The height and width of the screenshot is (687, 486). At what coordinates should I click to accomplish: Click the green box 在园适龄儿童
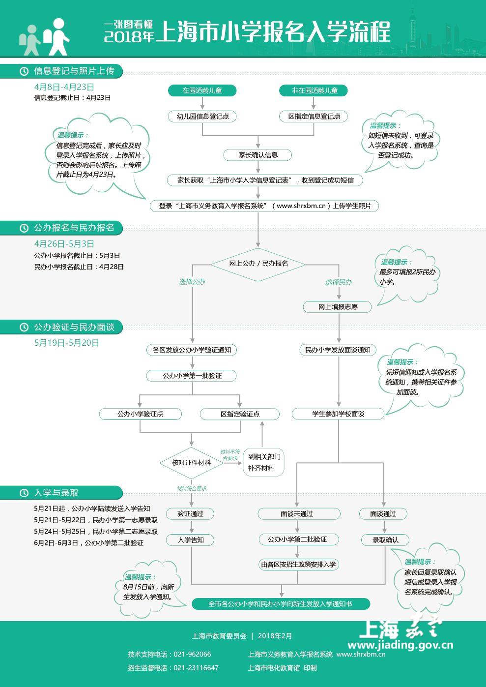click(x=202, y=90)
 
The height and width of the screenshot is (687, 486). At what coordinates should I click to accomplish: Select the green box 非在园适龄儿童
click(x=314, y=90)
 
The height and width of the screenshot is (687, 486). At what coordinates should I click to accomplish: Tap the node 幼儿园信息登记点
click(x=202, y=117)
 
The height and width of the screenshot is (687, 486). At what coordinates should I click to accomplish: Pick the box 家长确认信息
click(x=257, y=155)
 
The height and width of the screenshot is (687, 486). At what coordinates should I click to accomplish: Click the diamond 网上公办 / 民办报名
click(x=258, y=264)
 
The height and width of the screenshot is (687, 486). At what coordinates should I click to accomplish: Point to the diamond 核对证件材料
click(x=192, y=463)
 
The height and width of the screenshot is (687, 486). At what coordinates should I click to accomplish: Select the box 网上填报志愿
click(x=338, y=307)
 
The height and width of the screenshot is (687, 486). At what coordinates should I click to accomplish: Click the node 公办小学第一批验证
click(x=192, y=376)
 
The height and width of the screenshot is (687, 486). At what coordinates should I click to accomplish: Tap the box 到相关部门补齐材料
click(x=263, y=463)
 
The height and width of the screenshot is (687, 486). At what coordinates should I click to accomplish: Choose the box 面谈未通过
click(x=299, y=514)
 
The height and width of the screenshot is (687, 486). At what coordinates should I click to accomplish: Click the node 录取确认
click(x=385, y=540)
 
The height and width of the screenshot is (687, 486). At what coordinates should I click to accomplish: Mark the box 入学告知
click(x=190, y=540)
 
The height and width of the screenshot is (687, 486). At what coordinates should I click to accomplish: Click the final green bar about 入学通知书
click(x=281, y=604)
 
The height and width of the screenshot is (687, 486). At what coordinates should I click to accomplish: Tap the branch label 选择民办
click(x=338, y=282)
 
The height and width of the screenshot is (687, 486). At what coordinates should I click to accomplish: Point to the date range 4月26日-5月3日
click(x=64, y=244)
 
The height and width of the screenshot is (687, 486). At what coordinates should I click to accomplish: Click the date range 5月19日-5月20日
click(x=66, y=343)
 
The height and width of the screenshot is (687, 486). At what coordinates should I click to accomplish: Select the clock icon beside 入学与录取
click(x=24, y=493)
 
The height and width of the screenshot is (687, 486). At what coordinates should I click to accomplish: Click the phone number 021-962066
click(x=193, y=654)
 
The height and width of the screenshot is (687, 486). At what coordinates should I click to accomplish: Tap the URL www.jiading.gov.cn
click(x=400, y=645)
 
